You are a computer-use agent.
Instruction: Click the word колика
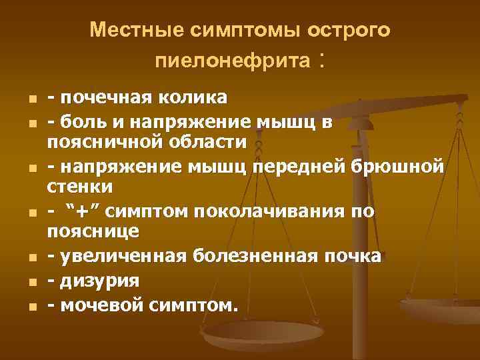193,99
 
